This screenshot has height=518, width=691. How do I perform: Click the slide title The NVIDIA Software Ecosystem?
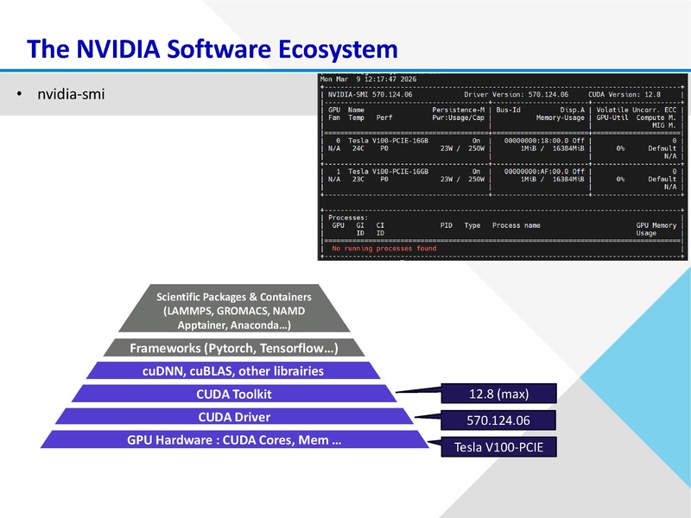212,47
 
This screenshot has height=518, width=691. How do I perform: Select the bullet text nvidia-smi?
71,93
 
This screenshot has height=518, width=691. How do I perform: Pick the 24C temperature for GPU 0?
358,148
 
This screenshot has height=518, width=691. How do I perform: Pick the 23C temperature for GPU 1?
358,179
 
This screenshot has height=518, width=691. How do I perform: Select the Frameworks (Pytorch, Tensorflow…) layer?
232,348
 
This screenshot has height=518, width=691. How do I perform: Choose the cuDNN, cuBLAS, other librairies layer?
232,371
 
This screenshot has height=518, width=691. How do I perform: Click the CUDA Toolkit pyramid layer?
232,395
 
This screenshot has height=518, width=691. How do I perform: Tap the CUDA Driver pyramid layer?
233,417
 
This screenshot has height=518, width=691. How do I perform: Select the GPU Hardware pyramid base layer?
233,439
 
